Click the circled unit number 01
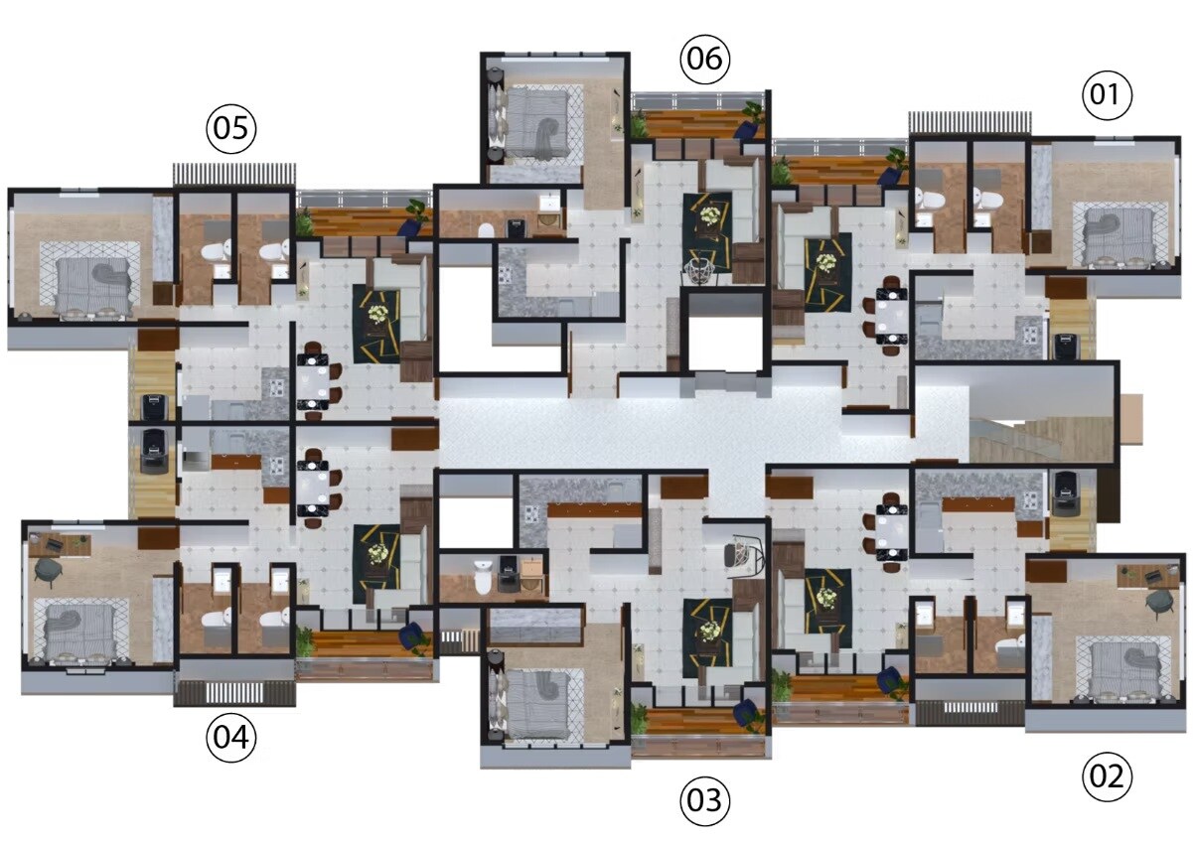1107,95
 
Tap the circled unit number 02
1107,775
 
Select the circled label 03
704,799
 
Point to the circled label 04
230,738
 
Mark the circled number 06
704,60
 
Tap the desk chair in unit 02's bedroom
1159,601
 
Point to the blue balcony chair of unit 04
411,635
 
